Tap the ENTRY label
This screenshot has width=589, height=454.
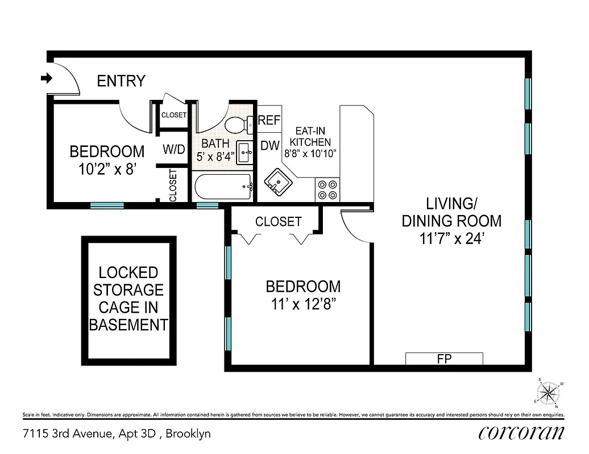pyautogui.click(x=121, y=81)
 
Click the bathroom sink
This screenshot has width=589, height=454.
pyautogui.click(x=246, y=152)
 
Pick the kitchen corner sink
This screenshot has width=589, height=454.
pyautogui.click(x=278, y=182)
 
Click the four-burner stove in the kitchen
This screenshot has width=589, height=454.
pyautogui.click(x=327, y=190)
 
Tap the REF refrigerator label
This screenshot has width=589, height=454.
pyautogui.click(x=269, y=120)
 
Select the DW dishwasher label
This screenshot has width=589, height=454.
pyautogui.click(x=269, y=145)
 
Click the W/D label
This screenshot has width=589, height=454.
pyautogui.click(x=174, y=150)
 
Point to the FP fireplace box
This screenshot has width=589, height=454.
pyautogui.click(x=443, y=359)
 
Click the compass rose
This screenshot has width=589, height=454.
pyautogui.click(x=548, y=392)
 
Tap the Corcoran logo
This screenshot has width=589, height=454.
pyautogui.click(x=521, y=433)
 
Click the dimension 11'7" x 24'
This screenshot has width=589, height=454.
pyautogui.click(x=451, y=239)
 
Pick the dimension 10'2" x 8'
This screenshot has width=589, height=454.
pyautogui.click(x=107, y=169)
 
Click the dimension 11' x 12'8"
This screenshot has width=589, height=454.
pyautogui.click(x=303, y=304)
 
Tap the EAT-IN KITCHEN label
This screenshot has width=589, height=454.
pyautogui.click(x=310, y=142)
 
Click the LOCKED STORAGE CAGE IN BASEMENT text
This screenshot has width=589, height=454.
pyautogui.click(x=129, y=299)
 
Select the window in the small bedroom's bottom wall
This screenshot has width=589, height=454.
pyautogui.click(x=107, y=205)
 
